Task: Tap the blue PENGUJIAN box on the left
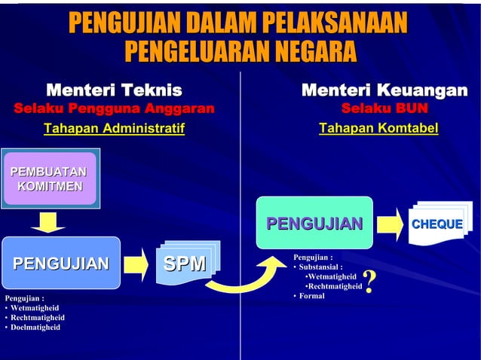(61, 263)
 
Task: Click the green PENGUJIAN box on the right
(314, 223)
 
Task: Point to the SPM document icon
(187, 263)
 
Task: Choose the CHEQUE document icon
(437, 223)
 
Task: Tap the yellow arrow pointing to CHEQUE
(389, 223)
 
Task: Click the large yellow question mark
(369, 282)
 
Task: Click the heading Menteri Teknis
(115, 91)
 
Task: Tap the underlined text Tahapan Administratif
(115, 130)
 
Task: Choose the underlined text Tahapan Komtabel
(378, 130)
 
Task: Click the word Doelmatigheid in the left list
(35, 328)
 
